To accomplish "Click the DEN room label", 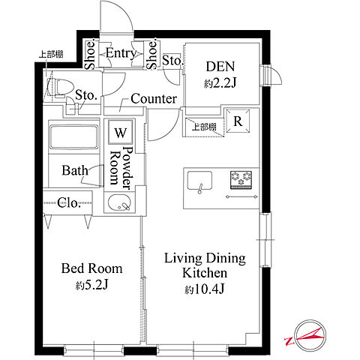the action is tap(220, 67).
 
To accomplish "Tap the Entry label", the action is tap(121, 53).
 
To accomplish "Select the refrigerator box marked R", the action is tap(238, 121).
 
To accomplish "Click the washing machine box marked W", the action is tap(121, 132).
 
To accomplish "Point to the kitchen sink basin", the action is tap(199, 181).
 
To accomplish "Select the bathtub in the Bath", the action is tap(73, 137).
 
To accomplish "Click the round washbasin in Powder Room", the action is tap(119, 202).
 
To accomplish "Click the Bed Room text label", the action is tap(92, 268).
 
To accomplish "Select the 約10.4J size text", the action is tap(205, 289).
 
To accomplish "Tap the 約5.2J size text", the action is tap(91, 285).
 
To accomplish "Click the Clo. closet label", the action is tap(69, 202).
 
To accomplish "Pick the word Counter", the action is tap(154, 99).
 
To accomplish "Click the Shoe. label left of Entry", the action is tap(90, 54).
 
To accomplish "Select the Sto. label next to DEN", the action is tap(172, 61).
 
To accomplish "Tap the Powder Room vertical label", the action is tap(121, 167).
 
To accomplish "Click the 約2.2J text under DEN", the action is tap(220, 83).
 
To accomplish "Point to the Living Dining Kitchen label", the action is tap(205, 265).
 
